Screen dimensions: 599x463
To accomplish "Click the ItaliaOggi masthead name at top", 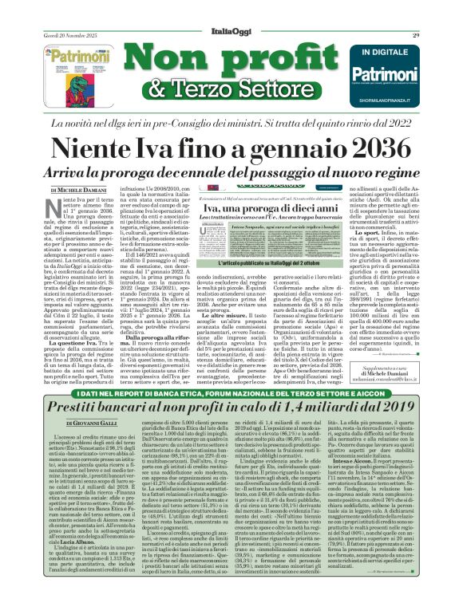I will tap(231, 12).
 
